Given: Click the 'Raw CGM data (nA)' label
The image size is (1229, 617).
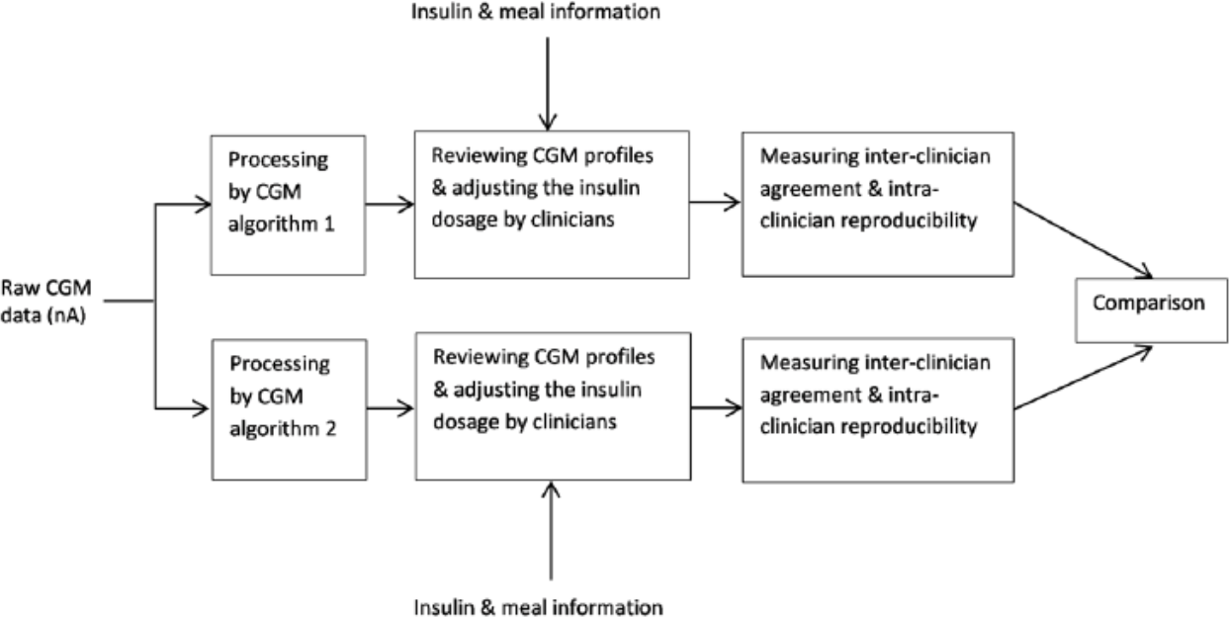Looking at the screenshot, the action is click(x=46, y=302).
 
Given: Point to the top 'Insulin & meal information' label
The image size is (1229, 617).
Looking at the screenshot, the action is click(x=536, y=12).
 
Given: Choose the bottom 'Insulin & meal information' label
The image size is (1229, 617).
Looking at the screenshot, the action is click(x=538, y=607).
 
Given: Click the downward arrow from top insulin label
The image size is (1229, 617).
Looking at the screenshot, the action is click(x=548, y=84).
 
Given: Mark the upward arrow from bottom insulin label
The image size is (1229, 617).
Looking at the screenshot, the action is click(x=551, y=530).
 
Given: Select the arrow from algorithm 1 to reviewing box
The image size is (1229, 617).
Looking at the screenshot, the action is click(x=390, y=205).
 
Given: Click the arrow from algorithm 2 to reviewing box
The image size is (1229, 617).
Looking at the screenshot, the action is click(x=391, y=408).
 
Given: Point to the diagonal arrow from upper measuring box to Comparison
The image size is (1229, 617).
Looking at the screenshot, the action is click(x=1083, y=240).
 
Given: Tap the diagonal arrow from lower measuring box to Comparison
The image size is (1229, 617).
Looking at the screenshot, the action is click(x=1083, y=378).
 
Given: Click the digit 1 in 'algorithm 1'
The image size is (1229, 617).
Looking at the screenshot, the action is click(x=329, y=223).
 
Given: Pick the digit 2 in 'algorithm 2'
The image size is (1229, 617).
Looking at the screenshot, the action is click(x=331, y=428).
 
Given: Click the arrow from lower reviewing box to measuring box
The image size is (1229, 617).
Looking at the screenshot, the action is click(x=717, y=407).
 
